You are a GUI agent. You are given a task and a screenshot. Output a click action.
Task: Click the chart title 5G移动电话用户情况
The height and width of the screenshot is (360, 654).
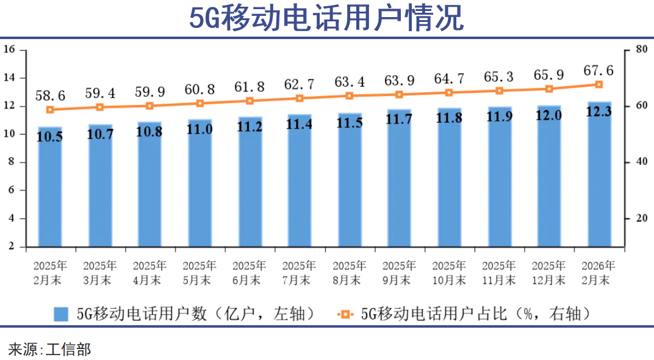click(x=326, y=18)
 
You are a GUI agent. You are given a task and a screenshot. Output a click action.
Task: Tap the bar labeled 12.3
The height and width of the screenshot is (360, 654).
click(x=599, y=177)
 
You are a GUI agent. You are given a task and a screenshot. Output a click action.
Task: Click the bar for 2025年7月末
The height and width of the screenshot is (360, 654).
click(x=300, y=183)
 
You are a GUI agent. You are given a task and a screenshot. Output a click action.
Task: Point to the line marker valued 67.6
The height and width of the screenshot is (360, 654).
click(x=599, y=84)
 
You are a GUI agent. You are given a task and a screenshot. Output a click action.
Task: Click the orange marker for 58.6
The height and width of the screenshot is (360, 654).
click(x=50, y=110)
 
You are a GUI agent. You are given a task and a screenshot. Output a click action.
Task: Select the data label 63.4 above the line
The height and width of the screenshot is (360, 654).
click(x=350, y=81)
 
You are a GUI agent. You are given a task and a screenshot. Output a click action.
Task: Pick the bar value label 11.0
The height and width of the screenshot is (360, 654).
click(x=199, y=129)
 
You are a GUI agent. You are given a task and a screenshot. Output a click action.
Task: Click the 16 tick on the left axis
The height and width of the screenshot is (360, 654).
click(x=9, y=49)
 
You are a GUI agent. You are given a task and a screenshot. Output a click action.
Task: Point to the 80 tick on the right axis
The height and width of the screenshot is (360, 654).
click(x=641, y=49)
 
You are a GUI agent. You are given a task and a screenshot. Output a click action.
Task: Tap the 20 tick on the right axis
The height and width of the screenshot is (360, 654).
click(x=641, y=218)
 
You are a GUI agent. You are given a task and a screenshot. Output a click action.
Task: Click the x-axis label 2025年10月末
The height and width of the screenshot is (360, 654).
click(x=449, y=273)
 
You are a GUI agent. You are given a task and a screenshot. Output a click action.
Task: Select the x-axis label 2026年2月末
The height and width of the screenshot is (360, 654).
click(x=599, y=273)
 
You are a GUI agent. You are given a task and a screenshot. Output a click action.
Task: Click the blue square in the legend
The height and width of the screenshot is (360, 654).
click(x=61, y=314)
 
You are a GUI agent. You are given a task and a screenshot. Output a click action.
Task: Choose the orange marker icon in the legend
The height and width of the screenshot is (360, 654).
click(x=345, y=314)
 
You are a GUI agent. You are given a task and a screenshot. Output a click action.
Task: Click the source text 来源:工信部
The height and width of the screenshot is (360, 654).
click(x=49, y=349)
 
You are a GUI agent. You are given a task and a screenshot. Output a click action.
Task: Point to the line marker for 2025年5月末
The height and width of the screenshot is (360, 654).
click(x=199, y=104)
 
